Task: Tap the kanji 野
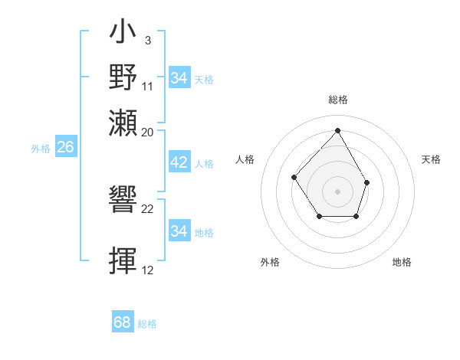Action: tap(123, 77)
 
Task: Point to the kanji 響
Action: tap(123, 200)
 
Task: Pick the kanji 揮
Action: tap(123, 260)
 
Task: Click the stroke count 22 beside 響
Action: tap(148, 209)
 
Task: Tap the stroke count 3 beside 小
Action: tap(147, 40)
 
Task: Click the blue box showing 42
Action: tap(179, 163)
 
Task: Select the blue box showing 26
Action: tap(65, 148)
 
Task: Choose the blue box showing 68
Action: tap(123, 323)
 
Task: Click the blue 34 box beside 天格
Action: tap(179, 78)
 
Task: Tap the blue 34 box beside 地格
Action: tap(179, 231)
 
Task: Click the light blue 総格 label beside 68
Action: tap(147, 324)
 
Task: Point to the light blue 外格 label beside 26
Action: tap(41, 149)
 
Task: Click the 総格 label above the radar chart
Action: tap(337, 100)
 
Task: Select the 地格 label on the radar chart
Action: tap(402, 262)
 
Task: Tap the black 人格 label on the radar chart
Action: tap(245, 159)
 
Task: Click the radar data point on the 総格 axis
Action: tap(337, 129)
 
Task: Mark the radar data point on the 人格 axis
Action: tap(294, 178)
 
